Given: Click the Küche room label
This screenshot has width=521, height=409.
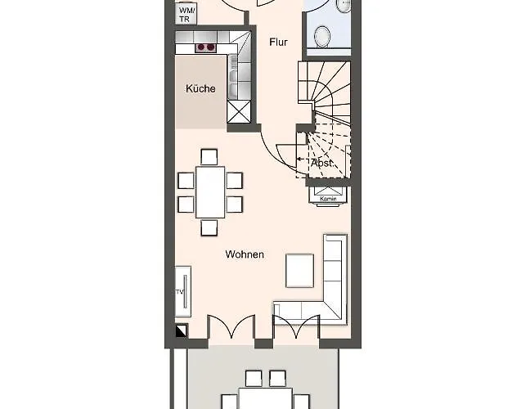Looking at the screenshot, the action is coord(200,88).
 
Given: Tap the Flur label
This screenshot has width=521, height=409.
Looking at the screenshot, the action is coord(278,43).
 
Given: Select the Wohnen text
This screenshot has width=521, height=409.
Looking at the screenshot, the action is coord(245,254).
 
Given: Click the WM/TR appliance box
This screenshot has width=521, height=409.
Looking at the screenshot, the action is coord(186,14).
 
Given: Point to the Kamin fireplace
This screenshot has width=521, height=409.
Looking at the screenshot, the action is coord(328,196).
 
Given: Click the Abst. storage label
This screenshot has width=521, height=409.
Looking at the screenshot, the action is coord(322,164).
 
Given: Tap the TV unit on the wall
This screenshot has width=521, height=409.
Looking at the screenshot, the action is coord(183,291).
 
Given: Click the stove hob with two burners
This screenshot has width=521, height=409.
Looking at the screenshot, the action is coord(205,47).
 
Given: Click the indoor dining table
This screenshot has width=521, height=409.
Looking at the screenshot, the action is coord(210,192).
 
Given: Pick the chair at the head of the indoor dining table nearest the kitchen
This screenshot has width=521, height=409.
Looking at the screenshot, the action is coord(209,157).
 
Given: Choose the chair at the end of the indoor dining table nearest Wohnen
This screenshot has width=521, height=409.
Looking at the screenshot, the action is coord(209,227).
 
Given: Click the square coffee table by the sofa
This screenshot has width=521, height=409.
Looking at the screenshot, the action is coord(299,271).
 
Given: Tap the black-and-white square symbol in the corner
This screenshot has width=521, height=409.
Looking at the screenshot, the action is coord(181,330).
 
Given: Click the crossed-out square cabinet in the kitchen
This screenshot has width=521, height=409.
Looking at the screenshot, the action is coord(239,111).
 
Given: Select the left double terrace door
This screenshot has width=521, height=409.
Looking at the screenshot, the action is coord(231,327).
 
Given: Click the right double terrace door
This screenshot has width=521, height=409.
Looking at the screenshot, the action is coord(296,327).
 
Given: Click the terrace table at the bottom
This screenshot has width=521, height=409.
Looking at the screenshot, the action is coord(265,398).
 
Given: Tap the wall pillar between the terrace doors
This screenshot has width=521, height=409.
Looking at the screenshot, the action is coord(264,344).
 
